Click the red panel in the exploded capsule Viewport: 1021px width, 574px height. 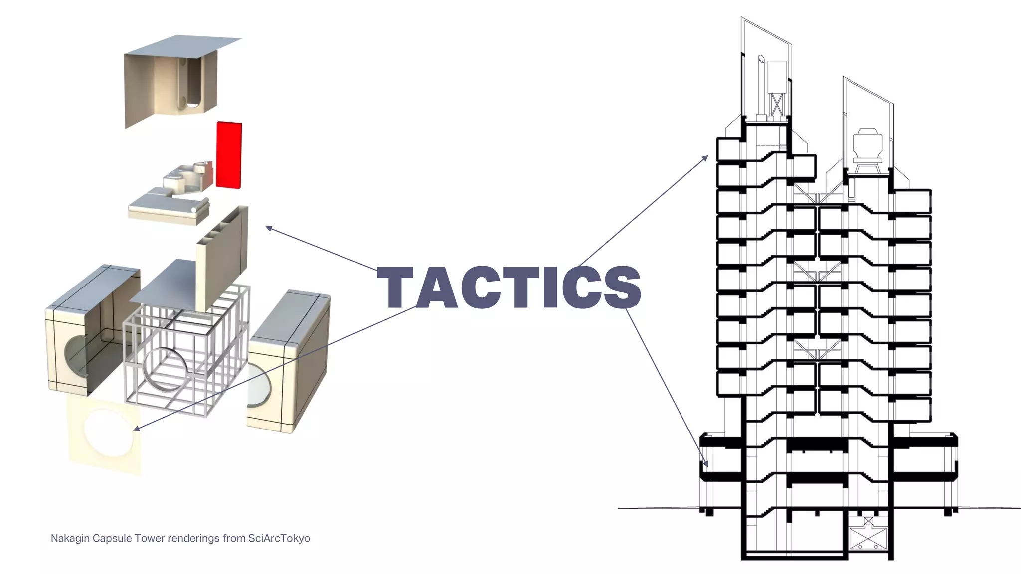tap(229, 155)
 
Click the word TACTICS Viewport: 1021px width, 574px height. tap(509, 287)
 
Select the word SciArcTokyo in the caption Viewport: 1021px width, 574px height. tap(279, 538)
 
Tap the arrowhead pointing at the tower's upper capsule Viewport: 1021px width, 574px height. tap(705, 157)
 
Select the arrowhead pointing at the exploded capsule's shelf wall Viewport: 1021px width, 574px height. tap(268, 228)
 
